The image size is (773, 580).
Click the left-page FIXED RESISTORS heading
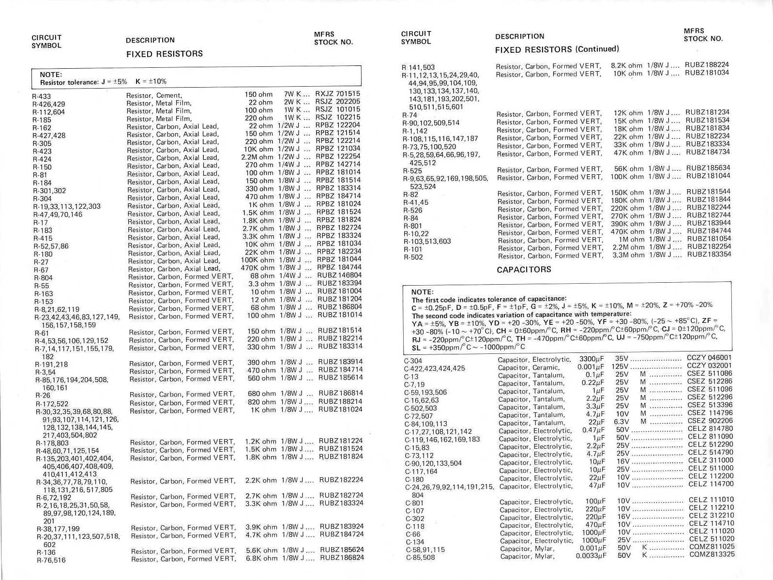click(164, 54)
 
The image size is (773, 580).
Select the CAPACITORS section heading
click(524, 269)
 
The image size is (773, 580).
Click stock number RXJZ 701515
click(337, 93)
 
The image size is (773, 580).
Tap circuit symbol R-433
click(42, 96)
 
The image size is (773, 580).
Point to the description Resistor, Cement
click(154, 95)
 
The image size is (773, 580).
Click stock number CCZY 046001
click(709, 358)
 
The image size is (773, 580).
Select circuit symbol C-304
click(413, 361)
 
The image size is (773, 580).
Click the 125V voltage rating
click(620, 366)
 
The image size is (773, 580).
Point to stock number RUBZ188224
click(706, 64)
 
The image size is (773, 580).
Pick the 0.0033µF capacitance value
click(591, 556)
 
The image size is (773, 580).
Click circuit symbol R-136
click(46, 552)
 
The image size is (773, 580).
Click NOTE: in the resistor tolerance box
click(51, 75)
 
